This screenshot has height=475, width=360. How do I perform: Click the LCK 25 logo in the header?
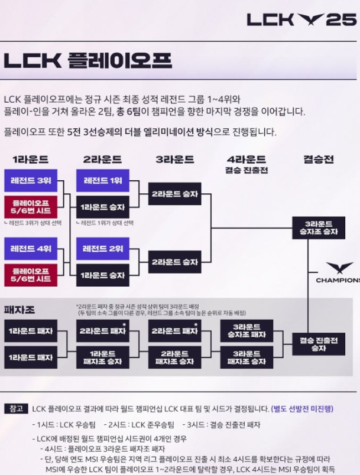(301, 19)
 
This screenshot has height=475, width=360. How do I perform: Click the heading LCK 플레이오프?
(87, 60)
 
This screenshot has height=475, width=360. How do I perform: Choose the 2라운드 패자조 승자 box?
(174, 357)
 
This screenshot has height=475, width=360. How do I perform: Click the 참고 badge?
(15, 408)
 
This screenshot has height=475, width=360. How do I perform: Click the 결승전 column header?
(318, 160)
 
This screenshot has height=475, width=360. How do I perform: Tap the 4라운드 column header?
(246, 160)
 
